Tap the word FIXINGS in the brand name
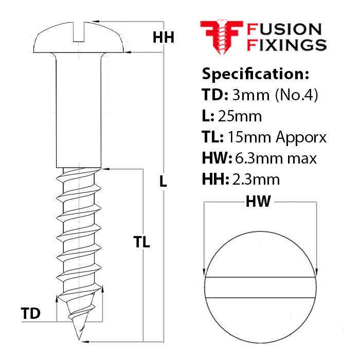pos(287,45)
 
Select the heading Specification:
pos(255,74)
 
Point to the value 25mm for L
pos(241,116)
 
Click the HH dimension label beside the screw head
pos(164,38)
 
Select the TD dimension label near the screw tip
pos(31,313)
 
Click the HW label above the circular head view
pos(258,202)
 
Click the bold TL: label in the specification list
pos(213,137)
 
